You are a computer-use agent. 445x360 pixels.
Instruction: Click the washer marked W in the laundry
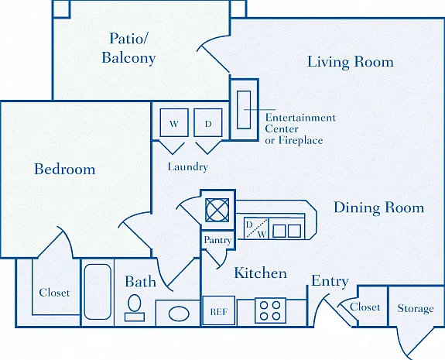tap(174, 122)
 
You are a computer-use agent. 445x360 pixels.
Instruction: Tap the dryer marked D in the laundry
tap(208, 122)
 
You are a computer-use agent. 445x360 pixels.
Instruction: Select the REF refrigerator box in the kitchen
tap(219, 310)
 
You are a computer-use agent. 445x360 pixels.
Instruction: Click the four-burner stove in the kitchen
tap(270, 310)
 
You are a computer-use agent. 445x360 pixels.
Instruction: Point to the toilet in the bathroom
tap(135, 308)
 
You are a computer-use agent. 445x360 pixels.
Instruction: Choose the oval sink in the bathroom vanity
tap(179, 314)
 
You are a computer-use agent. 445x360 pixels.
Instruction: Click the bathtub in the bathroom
tap(98, 292)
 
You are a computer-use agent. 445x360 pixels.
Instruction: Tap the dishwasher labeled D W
tap(256, 228)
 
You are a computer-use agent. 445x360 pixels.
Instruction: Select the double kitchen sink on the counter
tap(286, 231)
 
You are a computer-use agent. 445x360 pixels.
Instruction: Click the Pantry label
tap(217, 240)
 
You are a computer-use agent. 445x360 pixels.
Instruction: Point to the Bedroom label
tap(65, 170)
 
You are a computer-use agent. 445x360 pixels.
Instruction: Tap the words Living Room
tap(351, 62)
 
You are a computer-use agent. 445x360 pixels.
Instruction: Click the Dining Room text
tap(379, 207)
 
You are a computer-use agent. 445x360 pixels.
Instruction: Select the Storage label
tap(416, 308)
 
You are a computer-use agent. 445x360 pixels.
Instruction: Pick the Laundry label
tap(188, 166)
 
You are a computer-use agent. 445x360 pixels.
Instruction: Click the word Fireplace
tap(300, 140)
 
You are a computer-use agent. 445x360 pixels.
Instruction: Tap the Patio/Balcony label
tap(128, 48)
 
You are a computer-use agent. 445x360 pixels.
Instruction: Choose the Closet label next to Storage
tap(365, 307)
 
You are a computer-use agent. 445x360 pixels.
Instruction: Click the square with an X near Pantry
tap(217, 210)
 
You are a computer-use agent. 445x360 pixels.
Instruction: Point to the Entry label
tap(330, 281)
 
